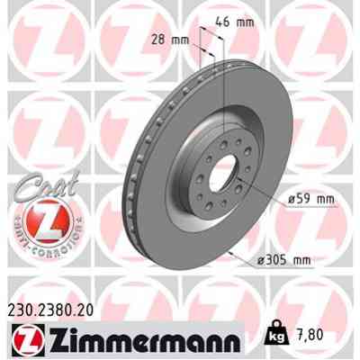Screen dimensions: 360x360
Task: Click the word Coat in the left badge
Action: (38, 183)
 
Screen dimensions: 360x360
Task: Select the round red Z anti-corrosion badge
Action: (38, 221)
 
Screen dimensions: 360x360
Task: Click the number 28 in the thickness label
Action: (157, 40)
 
